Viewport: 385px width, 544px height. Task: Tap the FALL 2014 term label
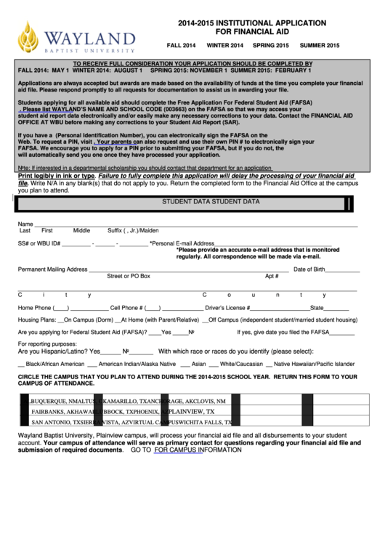[x=182, y=45]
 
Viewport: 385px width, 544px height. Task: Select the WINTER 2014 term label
[x=225, y=45]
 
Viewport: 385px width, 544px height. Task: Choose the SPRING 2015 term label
[x=271, y=45]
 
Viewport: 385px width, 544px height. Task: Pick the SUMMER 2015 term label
[x=320, y=45]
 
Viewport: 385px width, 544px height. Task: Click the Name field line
[x=196, y=224]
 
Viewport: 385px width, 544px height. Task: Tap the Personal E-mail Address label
[x=182, y=244]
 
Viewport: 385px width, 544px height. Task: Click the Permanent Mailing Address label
[x=52, y=269]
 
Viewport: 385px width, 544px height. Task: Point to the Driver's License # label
[x=227, y=308]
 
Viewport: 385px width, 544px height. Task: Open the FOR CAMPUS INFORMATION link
[x=198, y=450]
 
